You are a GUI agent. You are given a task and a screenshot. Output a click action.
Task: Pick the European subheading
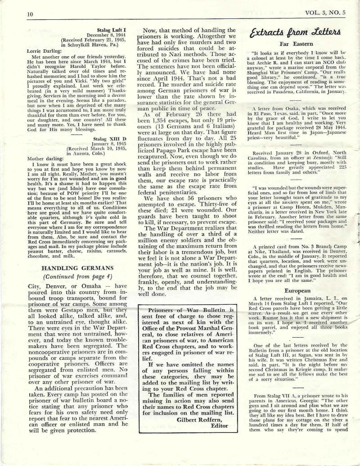(x=290, y=279)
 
